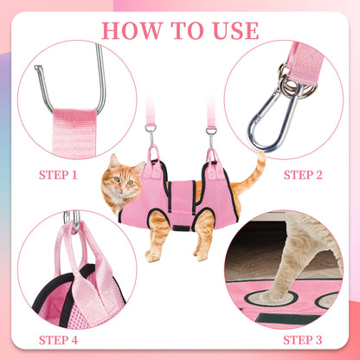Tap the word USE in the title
pos(232,30)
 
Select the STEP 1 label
pos(58,174)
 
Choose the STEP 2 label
pos(304,174)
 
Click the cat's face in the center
pos(120,183)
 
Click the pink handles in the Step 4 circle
pos(78,260)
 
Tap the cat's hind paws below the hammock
pos(201,254)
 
